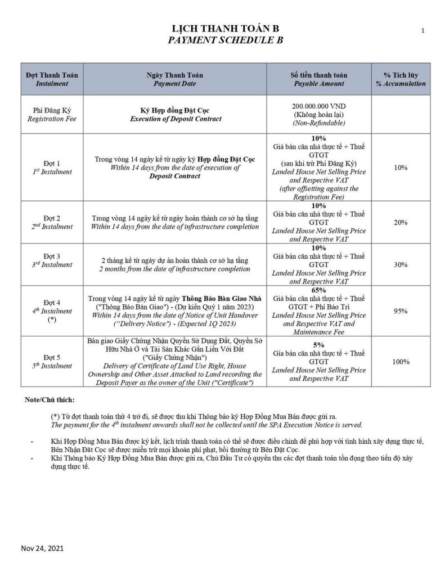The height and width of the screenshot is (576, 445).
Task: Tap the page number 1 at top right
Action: coord(422,31)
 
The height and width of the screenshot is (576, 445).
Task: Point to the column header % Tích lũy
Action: coord(401,75)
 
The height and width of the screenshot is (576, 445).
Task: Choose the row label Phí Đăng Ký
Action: coord(52,110)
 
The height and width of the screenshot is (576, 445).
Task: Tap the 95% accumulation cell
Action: coord(401,310)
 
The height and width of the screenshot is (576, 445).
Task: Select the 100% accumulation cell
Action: coord(401,361)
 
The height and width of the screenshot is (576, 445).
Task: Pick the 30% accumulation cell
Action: coord(401,264)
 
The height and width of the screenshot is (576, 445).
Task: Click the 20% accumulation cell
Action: coord(401,223)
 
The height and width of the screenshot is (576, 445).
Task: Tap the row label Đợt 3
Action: coord(52,256)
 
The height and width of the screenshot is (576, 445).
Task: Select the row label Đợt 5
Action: coord(52,357)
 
